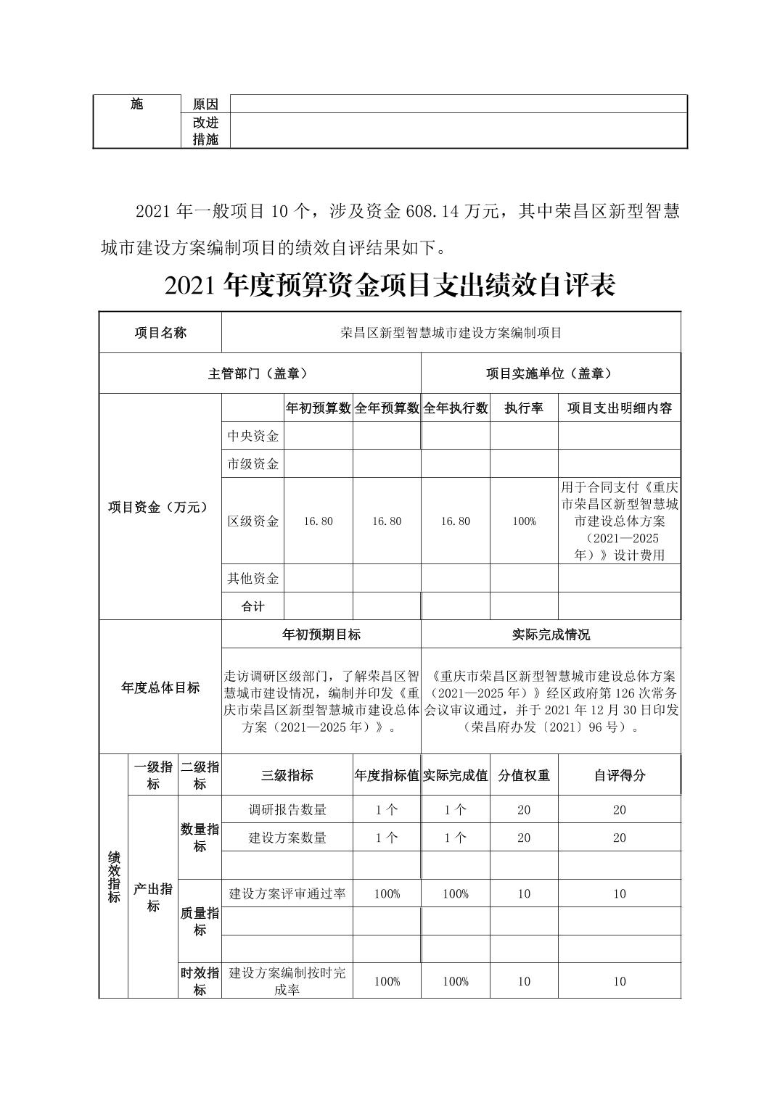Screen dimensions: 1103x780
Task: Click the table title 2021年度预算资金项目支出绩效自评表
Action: click(x=390, y=286)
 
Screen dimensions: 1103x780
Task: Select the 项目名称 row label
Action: click(x=160, y=333)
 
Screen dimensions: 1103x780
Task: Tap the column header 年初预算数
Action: click(x=318, y=408)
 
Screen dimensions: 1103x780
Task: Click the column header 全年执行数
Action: click(x=455, y=408)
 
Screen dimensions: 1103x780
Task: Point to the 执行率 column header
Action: click(x=524, y=408)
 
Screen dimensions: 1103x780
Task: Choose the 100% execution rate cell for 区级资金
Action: click(x=524, y=521)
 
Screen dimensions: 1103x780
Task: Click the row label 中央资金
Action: click(x=253, y=436)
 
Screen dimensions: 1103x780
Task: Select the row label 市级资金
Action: click(x=253, y=464)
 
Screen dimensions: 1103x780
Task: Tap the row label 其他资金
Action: click(x=253, y=579)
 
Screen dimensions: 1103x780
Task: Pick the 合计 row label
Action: click(x=253, y=606)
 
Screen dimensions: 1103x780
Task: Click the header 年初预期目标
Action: click(x=321, y=635)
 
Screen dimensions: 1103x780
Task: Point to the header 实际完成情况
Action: click(x=551, y=635)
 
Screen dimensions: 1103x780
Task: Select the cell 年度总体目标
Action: click(x=160, y=687)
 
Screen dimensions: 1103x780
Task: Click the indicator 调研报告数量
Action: click(x=287, y=810)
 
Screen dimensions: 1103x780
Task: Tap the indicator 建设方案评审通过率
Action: click(x=287, y=894)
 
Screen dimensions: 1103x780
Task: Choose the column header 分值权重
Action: click(x=524, y=775)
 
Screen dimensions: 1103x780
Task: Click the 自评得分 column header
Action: click(x=619, y=775)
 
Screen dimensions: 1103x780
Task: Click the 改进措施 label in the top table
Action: click(x=205, y=131)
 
